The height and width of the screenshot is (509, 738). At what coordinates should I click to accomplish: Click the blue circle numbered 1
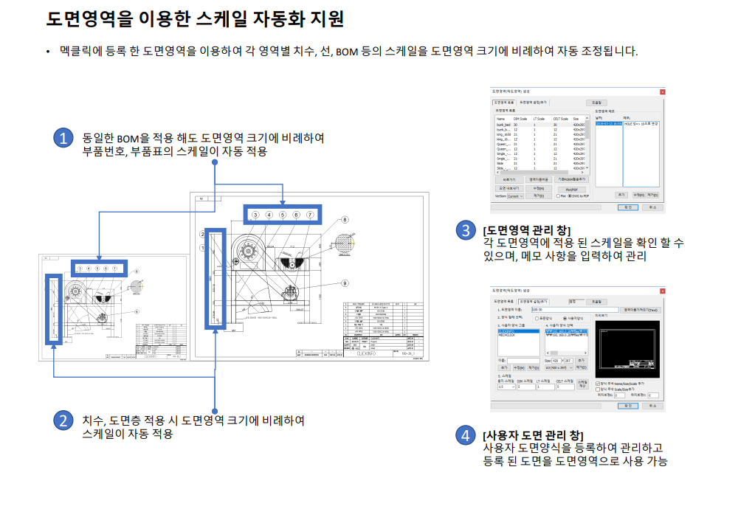pos(65,138)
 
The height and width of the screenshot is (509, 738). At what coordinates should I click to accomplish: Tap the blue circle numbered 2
pos(65,421)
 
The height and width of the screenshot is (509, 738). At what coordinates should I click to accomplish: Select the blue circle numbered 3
pos(465,231)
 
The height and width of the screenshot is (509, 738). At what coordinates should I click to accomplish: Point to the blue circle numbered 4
pos(465,435)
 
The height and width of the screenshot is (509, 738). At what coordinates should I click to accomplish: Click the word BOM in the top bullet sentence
pos(347,52)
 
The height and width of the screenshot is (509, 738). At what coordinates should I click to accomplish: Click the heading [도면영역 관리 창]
pos(526,230)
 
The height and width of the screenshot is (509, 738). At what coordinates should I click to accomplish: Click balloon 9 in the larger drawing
pos(345,283)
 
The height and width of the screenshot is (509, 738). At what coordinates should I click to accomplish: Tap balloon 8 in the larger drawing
pos(345,220)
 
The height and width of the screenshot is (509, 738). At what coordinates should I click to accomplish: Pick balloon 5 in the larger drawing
pos(283,215)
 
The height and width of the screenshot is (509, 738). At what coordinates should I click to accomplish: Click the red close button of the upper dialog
pos(662,92)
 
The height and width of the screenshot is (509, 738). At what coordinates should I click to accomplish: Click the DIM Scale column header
pos(520,118)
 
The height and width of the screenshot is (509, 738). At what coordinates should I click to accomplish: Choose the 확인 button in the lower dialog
pos(628,405)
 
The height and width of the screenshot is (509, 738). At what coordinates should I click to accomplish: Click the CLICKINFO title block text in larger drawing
pos(367,353)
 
